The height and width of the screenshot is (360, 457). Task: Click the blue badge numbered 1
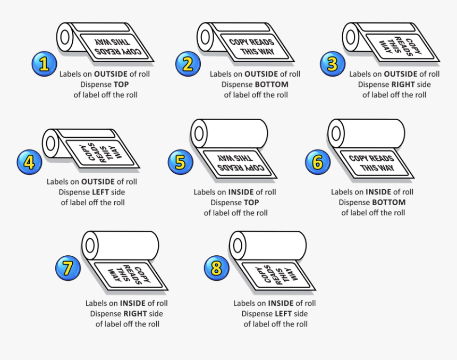click(44, 64)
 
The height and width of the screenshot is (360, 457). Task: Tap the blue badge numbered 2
click(188, 64)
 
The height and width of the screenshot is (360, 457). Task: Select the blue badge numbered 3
click(333, 64)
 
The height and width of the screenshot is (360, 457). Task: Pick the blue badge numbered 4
click(29, 162)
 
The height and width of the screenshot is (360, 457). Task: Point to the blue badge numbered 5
click(181, 162)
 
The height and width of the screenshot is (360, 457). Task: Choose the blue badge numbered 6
click(318, 162)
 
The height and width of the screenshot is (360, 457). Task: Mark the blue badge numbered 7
click(68, 268)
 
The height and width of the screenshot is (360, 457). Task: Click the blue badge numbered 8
click(216, 268)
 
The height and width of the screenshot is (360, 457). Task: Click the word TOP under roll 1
click(121, 85)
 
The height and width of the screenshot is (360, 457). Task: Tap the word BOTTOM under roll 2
click(272, 85)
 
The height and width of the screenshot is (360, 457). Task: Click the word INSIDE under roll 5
click(241, 192)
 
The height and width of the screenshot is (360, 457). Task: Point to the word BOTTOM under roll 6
click(389, 203)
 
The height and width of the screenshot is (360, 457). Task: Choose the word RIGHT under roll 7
click(135, 314)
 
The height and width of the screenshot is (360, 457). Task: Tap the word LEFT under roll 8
click(283, 314)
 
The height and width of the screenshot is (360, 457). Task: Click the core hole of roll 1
click(65, 37)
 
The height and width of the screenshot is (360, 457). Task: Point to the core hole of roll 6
click(336, 133)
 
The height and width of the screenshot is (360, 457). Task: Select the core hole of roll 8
click(238, 245)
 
